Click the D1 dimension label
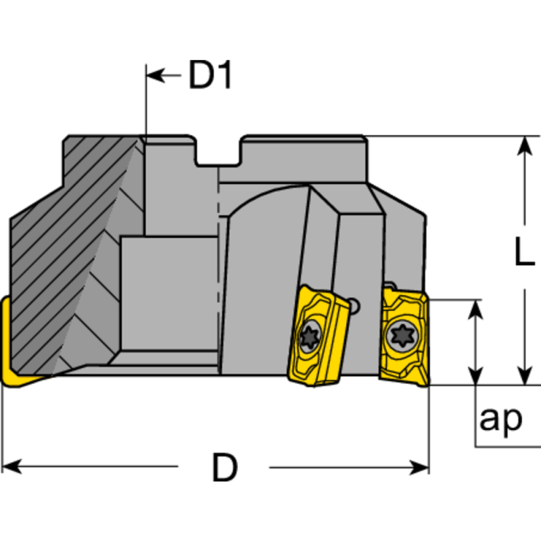click(210, 76)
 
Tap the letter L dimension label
click(523, 254)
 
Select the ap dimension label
click(500, 419)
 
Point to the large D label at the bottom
click(225, 467)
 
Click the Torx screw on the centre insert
click(311, 335)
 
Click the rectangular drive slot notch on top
click(218, 152)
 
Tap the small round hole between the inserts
click(356, 308)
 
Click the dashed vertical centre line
click(218, 270)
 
